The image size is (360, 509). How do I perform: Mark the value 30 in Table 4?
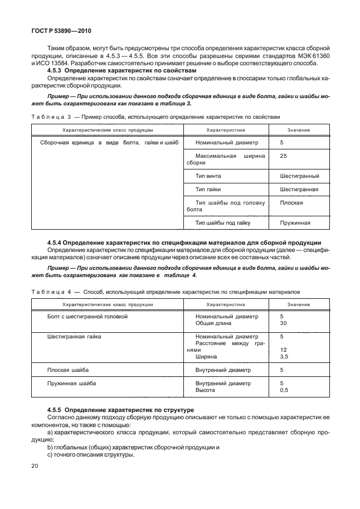point(283,323)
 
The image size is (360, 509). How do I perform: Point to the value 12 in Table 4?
point(283,350)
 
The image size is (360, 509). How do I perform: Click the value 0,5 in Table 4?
point(284,390)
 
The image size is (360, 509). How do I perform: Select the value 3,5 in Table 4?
point(284,356)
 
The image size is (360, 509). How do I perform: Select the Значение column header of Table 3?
point(299,129)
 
